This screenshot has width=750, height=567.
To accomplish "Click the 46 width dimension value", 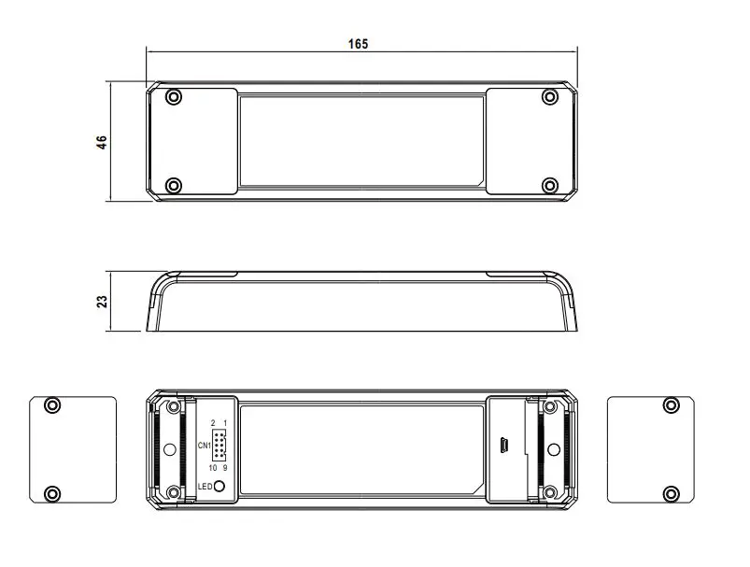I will point(102,141).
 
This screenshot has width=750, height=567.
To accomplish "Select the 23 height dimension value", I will point(102,301).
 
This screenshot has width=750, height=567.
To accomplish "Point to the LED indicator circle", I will point(220,486).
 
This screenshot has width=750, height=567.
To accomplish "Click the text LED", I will point(205,486).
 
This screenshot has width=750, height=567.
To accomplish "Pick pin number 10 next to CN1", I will point(213,467).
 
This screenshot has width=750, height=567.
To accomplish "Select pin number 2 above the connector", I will point(213,423).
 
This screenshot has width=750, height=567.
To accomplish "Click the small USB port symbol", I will point(502,446).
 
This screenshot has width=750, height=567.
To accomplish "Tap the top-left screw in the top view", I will point(173,96).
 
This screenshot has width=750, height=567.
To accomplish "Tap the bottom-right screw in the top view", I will point(549,185).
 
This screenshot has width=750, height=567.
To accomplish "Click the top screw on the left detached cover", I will point(52,404).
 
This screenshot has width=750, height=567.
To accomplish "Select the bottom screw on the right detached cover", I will point(671,492).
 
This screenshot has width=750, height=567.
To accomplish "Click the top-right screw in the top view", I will point(549,96).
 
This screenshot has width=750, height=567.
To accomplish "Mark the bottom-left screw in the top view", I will point(173,185).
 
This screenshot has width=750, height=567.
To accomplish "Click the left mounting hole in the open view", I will point(169,449).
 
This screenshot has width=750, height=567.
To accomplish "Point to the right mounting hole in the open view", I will point(553,449).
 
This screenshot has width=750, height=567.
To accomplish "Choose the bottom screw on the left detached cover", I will point(52,492).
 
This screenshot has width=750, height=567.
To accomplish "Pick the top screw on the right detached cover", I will point(671,404).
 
